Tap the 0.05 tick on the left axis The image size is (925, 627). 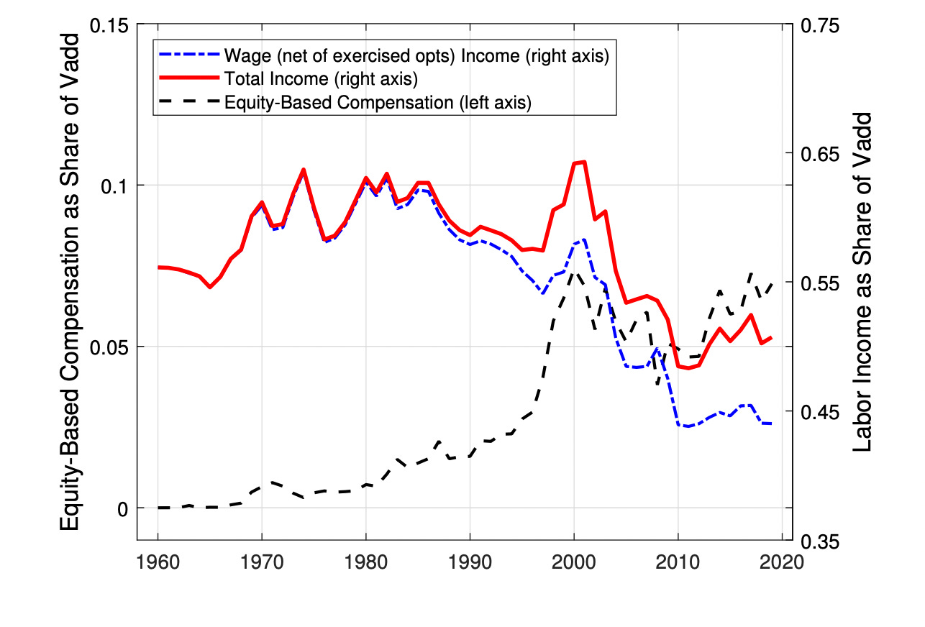click(x=111, y=347)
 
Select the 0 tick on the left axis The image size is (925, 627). click(x=124, y=508)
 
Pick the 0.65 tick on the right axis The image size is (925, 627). click(x=819, y=154)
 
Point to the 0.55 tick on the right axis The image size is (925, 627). click(x=819, y=283)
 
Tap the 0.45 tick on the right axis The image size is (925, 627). click(x=819, y=412)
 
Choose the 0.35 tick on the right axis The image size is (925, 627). click(x=819, y=541)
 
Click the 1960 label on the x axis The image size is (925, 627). click(x=158, y=562)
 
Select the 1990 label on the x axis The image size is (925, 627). click(x=470, y=562)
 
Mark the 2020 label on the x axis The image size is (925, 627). click(x=782, y=562)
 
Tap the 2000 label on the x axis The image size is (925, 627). click(x=574, y=562)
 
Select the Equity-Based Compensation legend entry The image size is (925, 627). click(x=377, y=102)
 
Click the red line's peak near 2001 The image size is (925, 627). click(x=584, y=162)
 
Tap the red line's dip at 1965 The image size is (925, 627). click(x=210, y=287)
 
